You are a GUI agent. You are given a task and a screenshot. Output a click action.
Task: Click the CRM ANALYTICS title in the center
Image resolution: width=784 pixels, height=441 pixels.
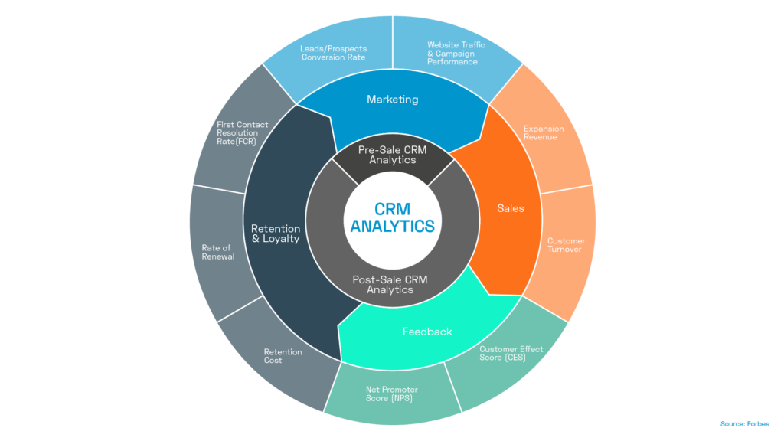(x=392, y=217)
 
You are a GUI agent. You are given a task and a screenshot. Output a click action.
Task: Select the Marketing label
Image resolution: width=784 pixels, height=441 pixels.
(x=392, y=100)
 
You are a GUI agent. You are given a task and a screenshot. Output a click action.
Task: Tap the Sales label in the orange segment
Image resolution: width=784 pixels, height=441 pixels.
(x=510, y=208)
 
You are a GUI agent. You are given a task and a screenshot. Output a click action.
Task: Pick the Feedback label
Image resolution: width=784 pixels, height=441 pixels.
(x=427, y=332)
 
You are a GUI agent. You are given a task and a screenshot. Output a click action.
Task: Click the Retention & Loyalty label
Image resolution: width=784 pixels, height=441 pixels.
(x=275, y=233)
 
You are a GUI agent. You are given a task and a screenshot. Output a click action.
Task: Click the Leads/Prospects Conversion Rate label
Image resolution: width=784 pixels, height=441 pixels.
(x=333, y=52)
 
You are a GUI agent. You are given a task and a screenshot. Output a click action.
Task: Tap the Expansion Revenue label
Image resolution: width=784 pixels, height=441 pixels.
(x=544, y=133)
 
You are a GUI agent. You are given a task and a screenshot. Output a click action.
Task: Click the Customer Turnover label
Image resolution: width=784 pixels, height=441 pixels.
(x=566, y=246)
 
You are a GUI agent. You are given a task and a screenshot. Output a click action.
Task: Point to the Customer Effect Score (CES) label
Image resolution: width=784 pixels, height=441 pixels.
(x=511, y=353)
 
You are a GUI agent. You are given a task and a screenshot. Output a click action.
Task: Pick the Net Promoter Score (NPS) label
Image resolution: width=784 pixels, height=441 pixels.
(x=392, y=394)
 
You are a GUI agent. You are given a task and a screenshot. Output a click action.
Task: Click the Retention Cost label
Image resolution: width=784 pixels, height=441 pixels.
(x=283, y=356)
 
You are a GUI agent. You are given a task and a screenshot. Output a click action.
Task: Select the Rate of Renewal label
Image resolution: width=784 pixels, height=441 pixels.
(x=217, y=252)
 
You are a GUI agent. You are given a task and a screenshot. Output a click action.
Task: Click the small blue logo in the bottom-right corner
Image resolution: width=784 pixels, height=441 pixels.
(x=745, y=423)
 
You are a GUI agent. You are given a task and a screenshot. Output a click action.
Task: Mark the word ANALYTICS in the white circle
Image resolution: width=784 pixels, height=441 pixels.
(x=392, y=227)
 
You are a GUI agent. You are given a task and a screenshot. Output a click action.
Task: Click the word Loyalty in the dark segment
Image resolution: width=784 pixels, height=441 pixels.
(x=282, y=238)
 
